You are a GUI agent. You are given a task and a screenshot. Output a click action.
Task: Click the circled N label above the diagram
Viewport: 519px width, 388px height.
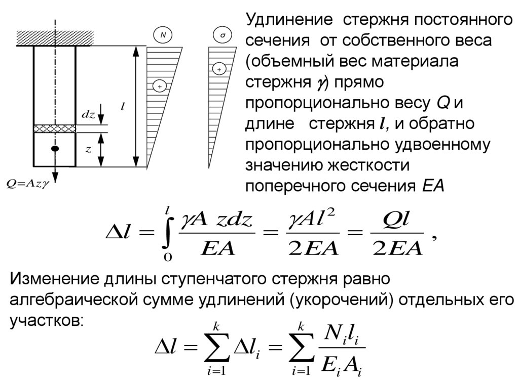click(x=163, y=35)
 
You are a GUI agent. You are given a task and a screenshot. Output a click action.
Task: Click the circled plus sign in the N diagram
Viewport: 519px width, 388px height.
click(x=160, y=87)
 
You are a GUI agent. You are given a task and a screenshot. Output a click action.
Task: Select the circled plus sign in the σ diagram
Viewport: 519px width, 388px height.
click(x=219, y=69)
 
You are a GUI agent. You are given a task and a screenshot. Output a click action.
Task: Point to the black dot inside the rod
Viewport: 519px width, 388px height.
click(x=55, y=149)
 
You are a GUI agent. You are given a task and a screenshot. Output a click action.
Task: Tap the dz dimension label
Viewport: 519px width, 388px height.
click(x=88, y=115)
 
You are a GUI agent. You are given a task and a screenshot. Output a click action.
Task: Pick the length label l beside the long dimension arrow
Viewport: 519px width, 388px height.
click(x=123, y=106)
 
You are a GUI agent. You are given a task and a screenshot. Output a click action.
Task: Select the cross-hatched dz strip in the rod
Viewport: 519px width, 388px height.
click(x=55, y=128)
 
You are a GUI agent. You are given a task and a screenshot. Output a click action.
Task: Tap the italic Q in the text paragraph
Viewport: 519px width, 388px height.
click(x=443, y=103)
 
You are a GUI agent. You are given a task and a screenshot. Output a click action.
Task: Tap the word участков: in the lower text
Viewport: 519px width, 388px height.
click(x=45, y=321)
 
